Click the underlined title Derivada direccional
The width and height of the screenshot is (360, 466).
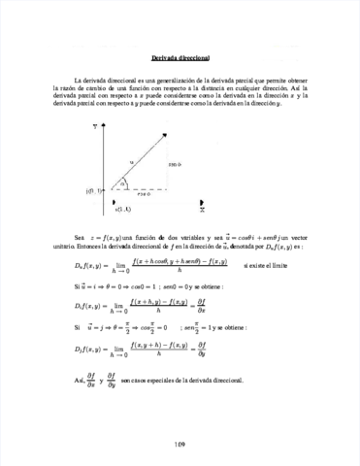tap(180, 56)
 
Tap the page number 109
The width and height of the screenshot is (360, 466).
tap(180, 444)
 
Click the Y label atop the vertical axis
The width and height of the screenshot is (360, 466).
tap(95, 125)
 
